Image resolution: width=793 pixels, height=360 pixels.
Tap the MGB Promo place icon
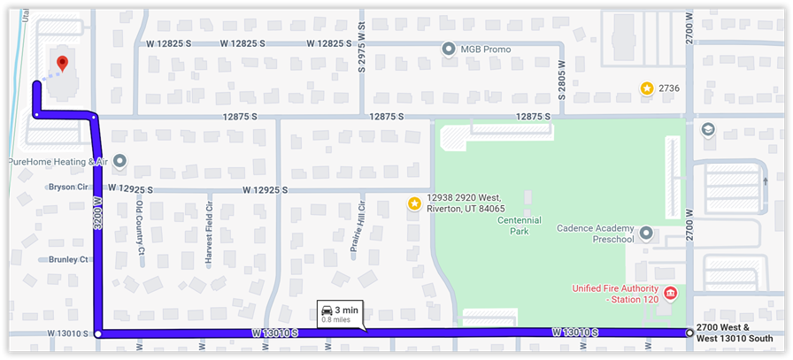(448, 49)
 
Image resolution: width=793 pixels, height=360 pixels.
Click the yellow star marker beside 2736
(647, 88)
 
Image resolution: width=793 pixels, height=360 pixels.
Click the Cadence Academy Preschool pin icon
(646, 234)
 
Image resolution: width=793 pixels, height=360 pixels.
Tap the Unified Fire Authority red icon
(670, 293)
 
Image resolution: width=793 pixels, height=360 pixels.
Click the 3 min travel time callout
(339, 313)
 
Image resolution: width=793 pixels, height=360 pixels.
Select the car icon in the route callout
(327, 310)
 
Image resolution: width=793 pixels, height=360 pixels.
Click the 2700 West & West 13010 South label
(735, 333)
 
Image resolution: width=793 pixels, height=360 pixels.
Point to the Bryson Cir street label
(70, 188)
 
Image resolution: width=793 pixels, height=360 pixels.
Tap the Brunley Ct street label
(70, 260)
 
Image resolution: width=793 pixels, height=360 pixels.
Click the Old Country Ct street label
(141, 227)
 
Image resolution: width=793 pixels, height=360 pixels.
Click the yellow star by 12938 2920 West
(414, 203)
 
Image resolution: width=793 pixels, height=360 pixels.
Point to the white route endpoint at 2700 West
(689, 333)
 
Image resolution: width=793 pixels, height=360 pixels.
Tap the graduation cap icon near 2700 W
(707, 130)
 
